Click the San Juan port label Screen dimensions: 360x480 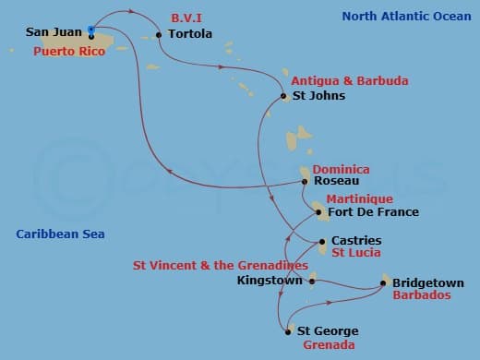coord(54,32)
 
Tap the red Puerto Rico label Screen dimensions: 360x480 coord(66,51)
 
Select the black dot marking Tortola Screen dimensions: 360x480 coord(160,35)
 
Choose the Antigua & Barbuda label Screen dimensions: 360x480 coord(349,81)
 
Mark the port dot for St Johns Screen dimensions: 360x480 coord(283,96)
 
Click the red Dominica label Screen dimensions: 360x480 coord(341,169)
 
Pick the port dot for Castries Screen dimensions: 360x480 coord(322,242)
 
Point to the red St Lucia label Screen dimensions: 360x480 coord(356,252)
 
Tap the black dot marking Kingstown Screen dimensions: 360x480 coord(312,281)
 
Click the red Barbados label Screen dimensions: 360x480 coord(422,295)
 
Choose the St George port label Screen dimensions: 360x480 coord(327,330)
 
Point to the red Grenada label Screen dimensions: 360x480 coord(328,345)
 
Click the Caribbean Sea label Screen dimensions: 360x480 coord(60,234)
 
